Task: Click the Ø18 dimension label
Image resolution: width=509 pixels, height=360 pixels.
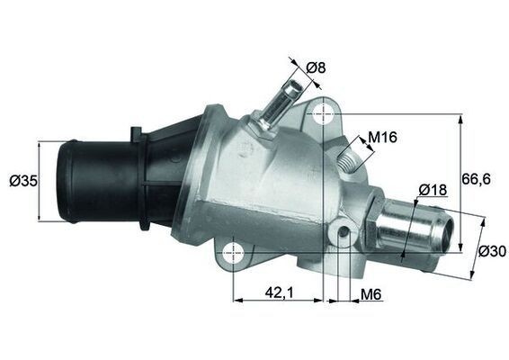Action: coord(433,190)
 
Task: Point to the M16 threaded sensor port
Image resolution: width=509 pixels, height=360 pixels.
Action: coord(348,159)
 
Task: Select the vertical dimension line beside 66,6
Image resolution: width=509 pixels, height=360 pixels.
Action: coord(460,180)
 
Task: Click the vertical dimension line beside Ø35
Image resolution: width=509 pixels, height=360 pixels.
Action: coord(42,180)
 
